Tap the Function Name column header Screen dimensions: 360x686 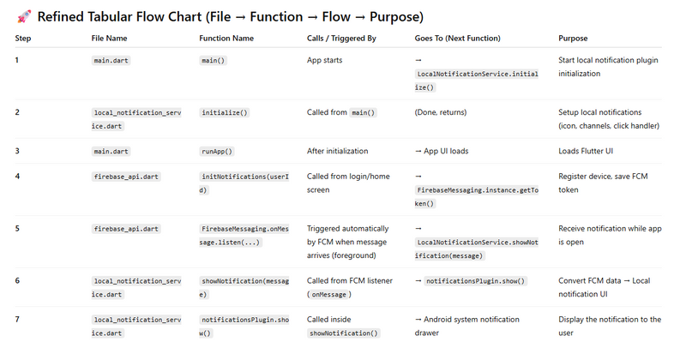(226, 39)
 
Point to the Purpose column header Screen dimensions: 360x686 (573, 39)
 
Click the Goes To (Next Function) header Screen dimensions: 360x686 (457, 39)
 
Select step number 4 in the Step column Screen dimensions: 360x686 (17, 177)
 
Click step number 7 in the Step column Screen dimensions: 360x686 (17, 320)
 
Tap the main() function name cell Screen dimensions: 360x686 (214, 61)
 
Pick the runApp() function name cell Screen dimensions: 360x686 (217, 152)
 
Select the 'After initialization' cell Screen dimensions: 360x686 (337, 152)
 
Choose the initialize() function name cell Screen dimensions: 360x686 (225, 112)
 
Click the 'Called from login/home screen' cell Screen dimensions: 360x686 (347, 183)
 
